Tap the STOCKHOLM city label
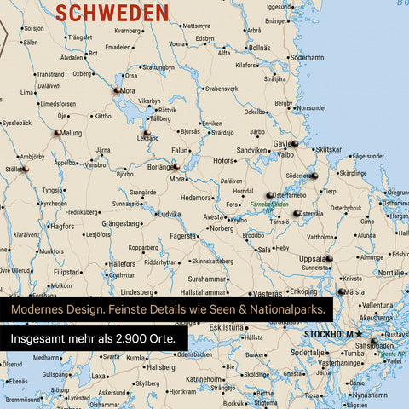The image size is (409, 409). click(x=327, y=334)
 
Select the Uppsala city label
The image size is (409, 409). click(x=304, y=257)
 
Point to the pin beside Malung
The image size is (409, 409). click(x=57, y=132)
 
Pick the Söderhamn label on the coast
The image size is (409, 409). click(x=308, y=57)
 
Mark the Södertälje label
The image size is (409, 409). click(x=308, y=351)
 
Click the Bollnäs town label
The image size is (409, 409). click(x=259, y=48)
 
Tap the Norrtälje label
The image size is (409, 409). click(x=393, y=272)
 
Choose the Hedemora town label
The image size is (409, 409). click(x=194, y=197)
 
